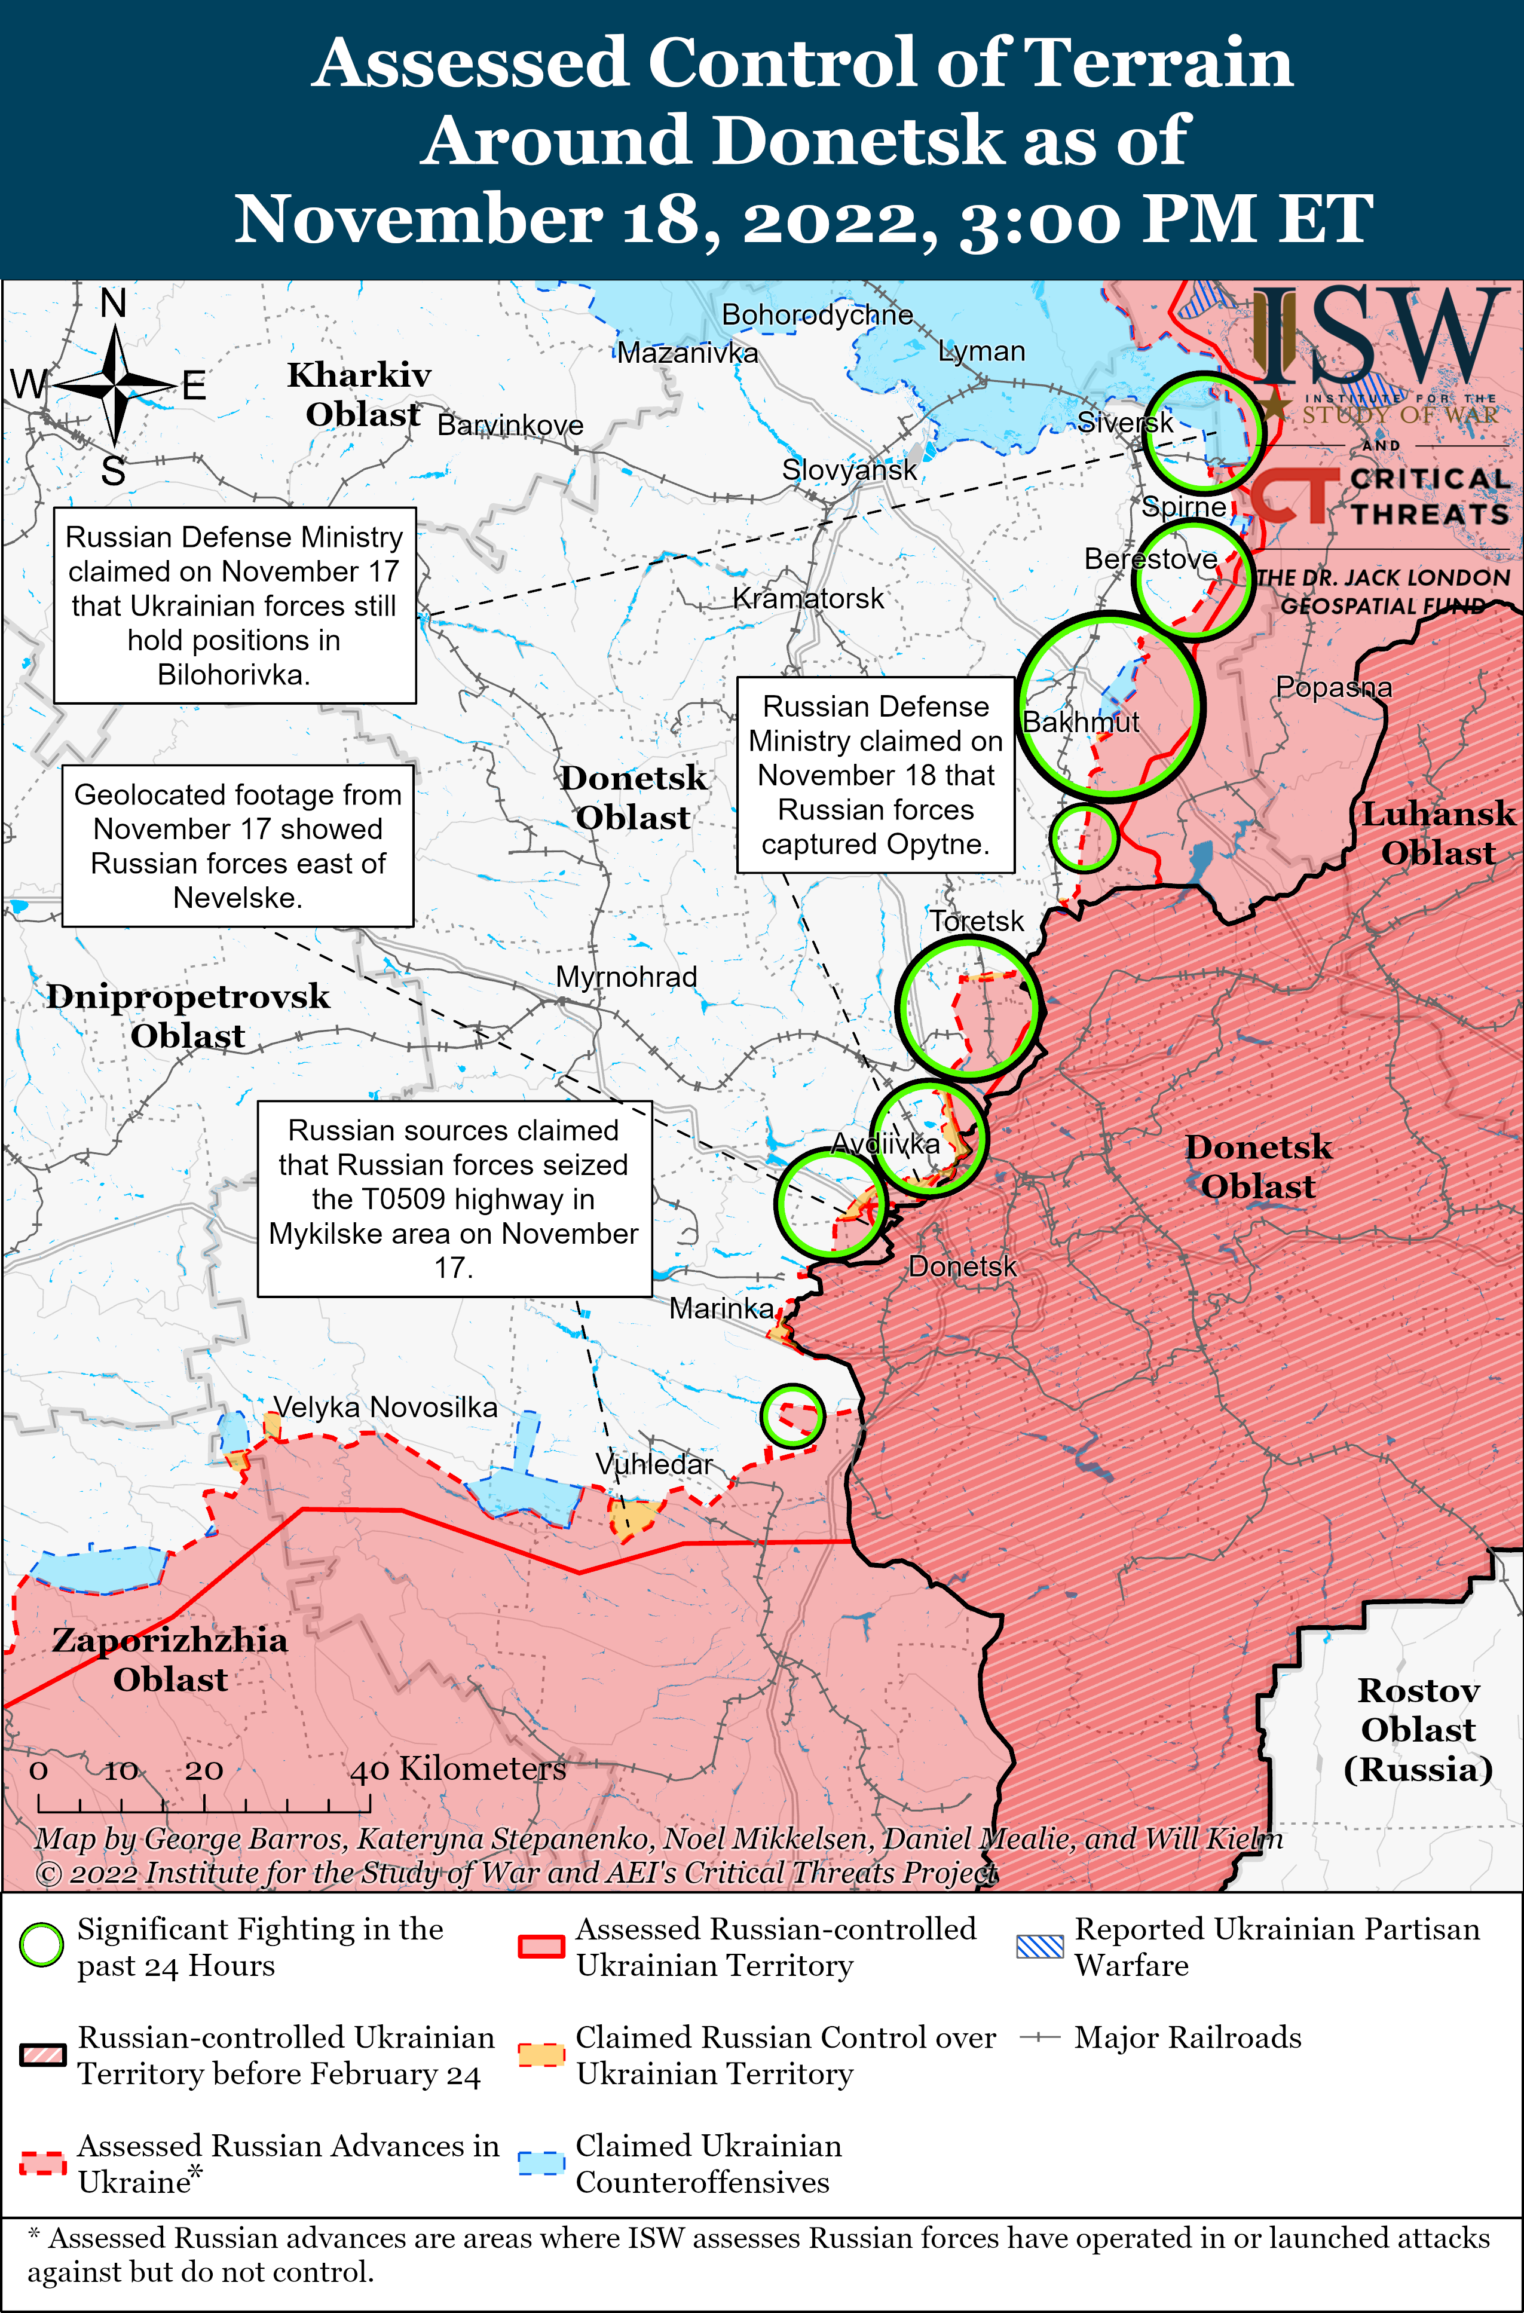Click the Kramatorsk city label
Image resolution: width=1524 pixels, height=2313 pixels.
tap(807, 599)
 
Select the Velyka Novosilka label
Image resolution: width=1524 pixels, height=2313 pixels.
tap(385, 1408)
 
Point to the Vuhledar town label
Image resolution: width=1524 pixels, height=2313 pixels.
tap(654, 1464)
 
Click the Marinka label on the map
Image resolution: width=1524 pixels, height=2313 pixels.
tap(721, 1309)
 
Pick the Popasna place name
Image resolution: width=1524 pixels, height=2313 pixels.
tap(1333, 688)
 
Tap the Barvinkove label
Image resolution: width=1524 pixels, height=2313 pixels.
tap(510, 426)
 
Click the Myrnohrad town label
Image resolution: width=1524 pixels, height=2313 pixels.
tap(626, 978)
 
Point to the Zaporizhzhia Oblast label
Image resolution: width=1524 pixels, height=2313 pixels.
tap(170, 1660)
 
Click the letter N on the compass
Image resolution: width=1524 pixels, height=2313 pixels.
tap(114, 304)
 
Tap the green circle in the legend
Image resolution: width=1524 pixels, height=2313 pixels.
tap(42, 1945)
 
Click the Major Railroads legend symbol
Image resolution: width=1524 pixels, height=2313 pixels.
tap(1039, 2037)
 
